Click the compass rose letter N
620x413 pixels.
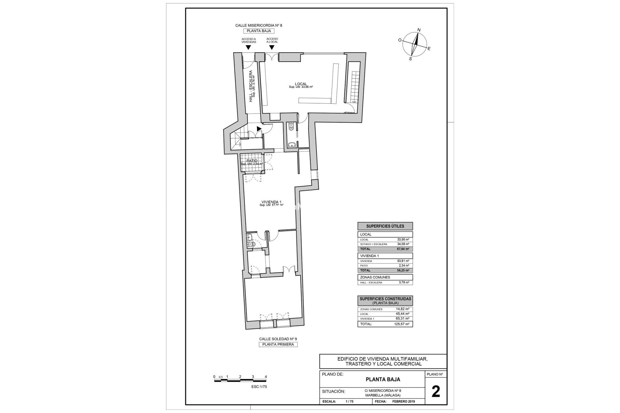[x=419, y=30]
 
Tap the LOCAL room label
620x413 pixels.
[x=301, y=84]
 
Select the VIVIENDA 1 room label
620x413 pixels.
[x=271, y=202]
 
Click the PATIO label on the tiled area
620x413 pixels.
[x=252, y=161]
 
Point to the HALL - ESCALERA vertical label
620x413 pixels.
[x=251, y=86]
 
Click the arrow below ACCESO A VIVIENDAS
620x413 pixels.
[x=248, y=47]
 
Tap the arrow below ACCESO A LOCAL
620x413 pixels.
[x=272, y=47]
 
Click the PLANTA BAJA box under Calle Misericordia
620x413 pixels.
[x=259, y=31]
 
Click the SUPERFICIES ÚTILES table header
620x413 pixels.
[x=385, y=226]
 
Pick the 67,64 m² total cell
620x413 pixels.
[x=403, y=249]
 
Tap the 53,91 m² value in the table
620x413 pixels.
[x=403, y=261]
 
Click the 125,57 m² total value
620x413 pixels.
[x=402, y=324]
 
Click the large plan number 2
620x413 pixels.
[x=436, y=392]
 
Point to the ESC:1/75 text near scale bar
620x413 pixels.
[x=259, y=387]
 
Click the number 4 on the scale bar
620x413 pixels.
[x=265, y=377]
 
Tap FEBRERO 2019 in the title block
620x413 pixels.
[x=403, y=402]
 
